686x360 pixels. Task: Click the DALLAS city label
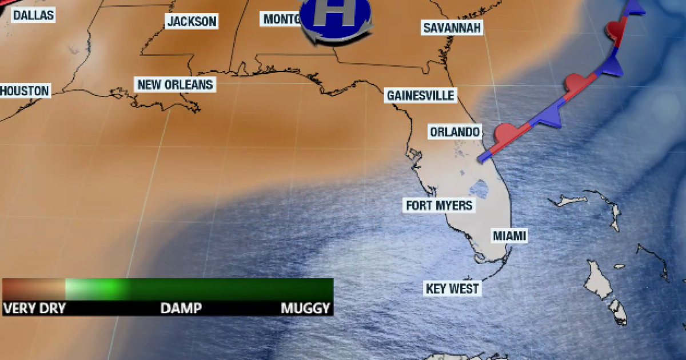[x=33, y=15]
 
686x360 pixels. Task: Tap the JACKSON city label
[x=192, y=22]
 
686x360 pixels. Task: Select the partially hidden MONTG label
[x=282, y=19]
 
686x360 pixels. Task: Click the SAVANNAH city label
[x=453, y=27]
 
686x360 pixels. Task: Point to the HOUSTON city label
[x=25, y=90]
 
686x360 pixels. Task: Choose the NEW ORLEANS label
[x=175, y=85]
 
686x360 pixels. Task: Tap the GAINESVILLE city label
[x=420, y=95]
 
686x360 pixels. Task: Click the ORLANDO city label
[x=454, y=132]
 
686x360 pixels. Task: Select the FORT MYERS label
[x=439, y=205]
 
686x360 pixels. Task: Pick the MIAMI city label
[x=509, y=235]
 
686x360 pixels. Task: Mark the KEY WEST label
[x=452, y=288]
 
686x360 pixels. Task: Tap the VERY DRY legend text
[x=34, y=309]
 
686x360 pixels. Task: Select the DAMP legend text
[x=181, y=309]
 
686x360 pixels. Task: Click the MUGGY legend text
[x=306, y=309]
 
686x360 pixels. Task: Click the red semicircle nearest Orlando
[x=505, y=134]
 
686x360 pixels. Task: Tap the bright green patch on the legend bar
[x=106, y=287]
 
